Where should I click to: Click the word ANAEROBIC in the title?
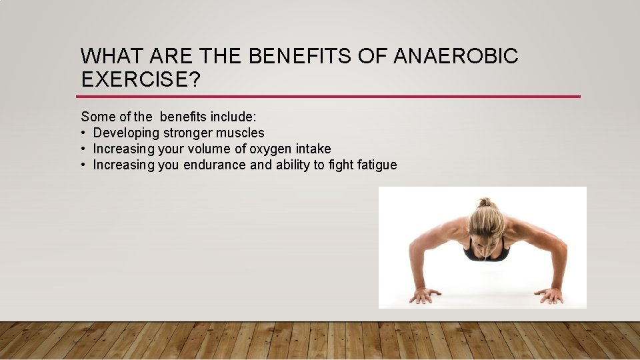pyautogui.click(x=455, y=57)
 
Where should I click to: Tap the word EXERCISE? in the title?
pyautogui.click(x=140, y=79)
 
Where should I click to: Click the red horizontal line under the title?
pyautogui.click(x=330, y=97)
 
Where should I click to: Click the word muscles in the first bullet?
pyautogui.click(x=240, y=133)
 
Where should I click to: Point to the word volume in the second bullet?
pyautogui.click(x=211, y=149)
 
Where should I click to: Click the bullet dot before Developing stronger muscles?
pyautogui.click(x=84, y=133)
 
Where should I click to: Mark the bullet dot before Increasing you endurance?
pyautogui.click(x=84, y=165)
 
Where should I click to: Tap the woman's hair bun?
pyautogui.click(x=485, y=202)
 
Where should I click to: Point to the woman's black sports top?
pyautogui.click(x=486, y=253)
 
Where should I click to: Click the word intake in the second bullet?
pyautogui.click(x=313, y=149)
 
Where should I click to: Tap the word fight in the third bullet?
pyautogui.click(x=340, y=165)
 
